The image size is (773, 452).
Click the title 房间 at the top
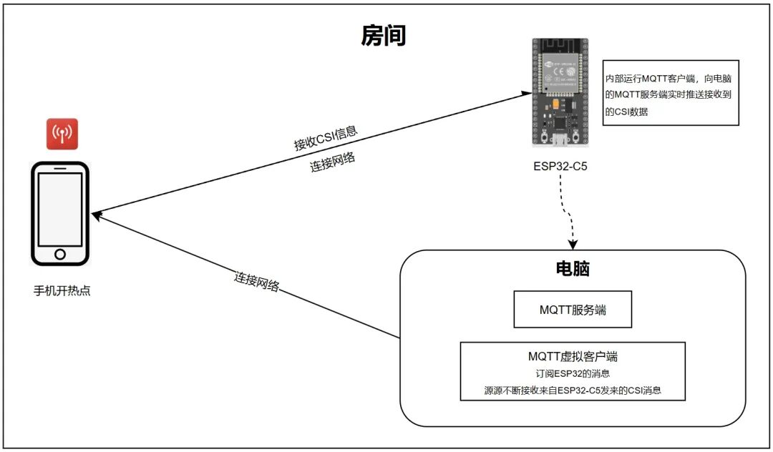click(384, 36)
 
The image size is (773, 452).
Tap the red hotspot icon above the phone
click(62, 134)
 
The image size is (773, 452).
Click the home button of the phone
click(60, 254)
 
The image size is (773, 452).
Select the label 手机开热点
click(62, 290)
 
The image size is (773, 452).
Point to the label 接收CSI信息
click(326, 137)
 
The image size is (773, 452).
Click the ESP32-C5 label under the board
click(560, 167)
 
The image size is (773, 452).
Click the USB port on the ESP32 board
click(560, 140)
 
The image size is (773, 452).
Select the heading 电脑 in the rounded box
click(573, 268)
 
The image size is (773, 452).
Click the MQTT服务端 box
click(573, 309)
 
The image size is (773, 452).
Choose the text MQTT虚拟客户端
click(573, 356)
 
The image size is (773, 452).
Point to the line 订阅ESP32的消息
click(573, 374)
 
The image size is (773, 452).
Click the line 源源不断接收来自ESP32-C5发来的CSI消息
click(573, 390)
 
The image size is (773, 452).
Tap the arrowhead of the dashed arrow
click(573, 245)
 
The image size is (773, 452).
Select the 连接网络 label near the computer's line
click(256, 281)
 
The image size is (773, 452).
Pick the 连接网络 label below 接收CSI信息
click(332, 162)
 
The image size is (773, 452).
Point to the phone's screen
click(60, 210)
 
